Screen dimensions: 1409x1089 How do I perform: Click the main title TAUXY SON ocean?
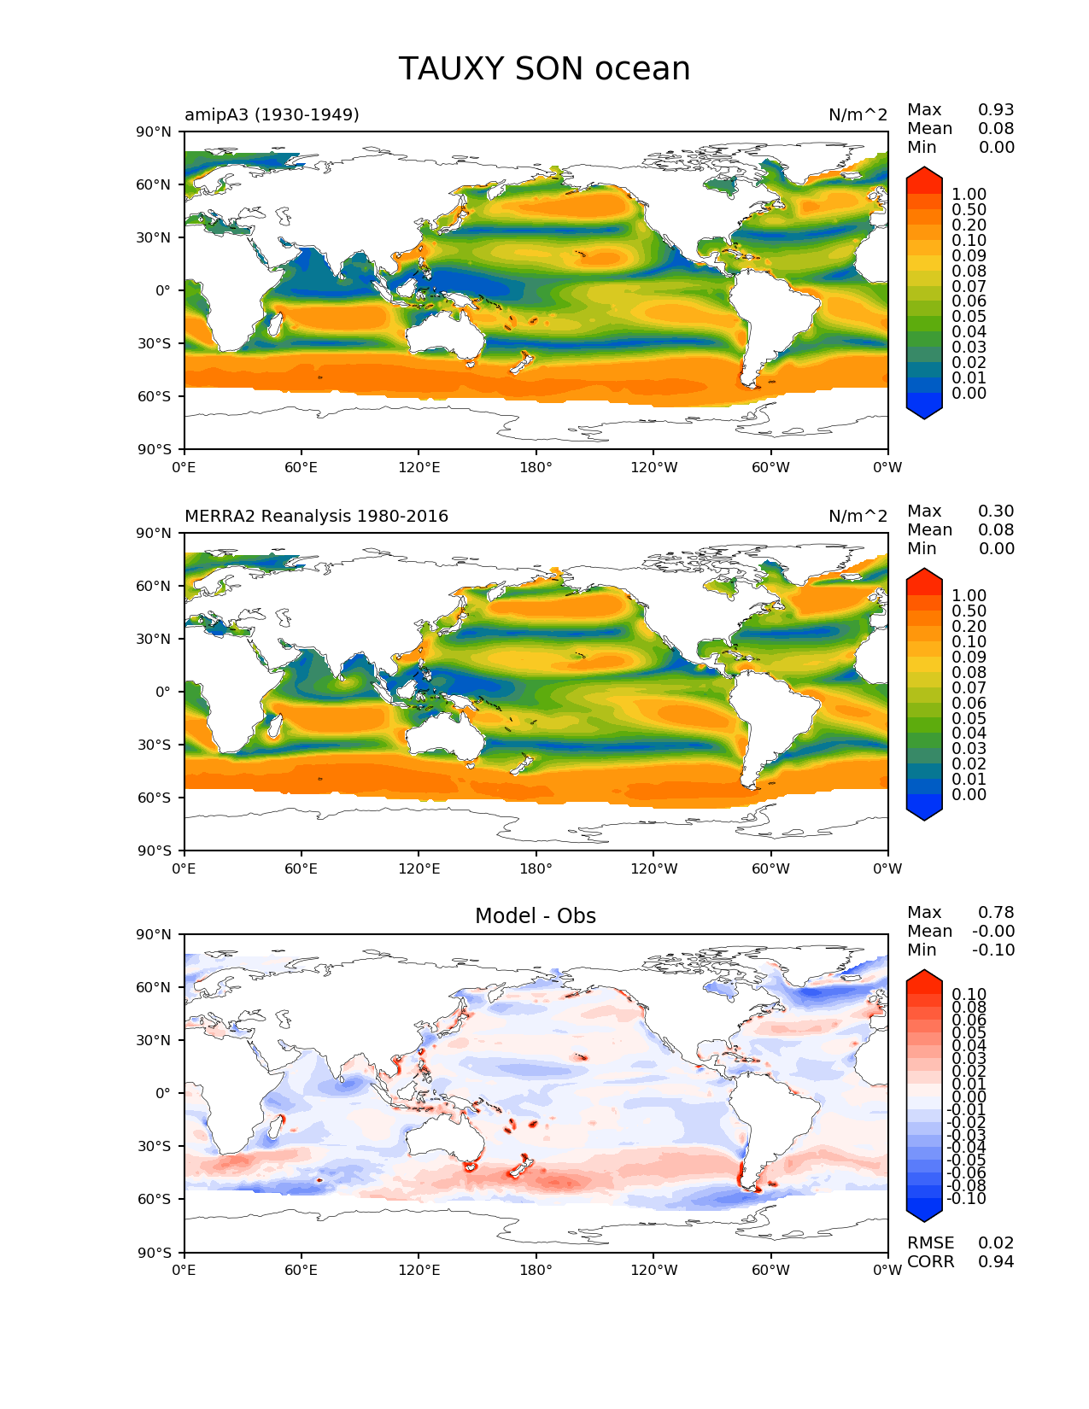[x=544, y=69]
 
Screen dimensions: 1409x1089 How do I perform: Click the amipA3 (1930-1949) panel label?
[x=272, y=114]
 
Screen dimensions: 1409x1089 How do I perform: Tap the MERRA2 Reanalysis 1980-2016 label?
[x=316, y=516]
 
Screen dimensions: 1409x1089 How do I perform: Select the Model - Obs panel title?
[x=536, y=916]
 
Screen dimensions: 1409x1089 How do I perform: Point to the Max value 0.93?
[x=996, y=109]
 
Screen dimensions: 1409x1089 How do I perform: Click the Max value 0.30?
[x=996, y=511]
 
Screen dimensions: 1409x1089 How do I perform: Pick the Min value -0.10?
[x=993, y=950]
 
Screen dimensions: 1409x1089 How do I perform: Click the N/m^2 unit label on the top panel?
[x=858, y=114]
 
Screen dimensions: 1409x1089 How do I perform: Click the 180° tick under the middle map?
[x=536, y=868]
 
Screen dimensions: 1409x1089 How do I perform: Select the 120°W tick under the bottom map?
[x=653, y=1270]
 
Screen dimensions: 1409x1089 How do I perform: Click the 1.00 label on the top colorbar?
[x=969, y=194]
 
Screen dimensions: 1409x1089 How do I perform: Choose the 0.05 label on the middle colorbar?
[x=969, y=718]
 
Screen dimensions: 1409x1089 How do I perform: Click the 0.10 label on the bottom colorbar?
[x=969, y=994]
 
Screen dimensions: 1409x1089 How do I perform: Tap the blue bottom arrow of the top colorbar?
[x=924, y=411]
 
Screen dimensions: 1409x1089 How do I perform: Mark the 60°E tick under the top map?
[x=302, y=467]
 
